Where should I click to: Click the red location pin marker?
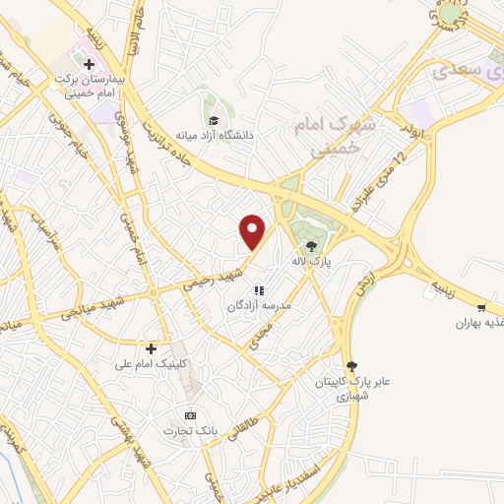pyautogui.click(x=254, y=232)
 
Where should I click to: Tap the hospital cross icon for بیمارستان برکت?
pyautogui.click(x=89, y=64)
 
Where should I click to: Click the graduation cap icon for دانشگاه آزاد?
pyautogui.click(x=214, y=120)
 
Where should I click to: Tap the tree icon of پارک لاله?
pyautogui.click(x=311, y=246)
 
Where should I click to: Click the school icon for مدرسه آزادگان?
pyautogui.click(x=259, y=290)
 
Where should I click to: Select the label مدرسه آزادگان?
pyautogui.click(x=258, y=306)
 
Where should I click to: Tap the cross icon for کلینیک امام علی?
pyautogui.click(x=151, y=347)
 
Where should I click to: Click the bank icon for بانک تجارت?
pyautogui.click(x=190, y=415)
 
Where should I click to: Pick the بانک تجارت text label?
pyautogui.click(x=190, y=431)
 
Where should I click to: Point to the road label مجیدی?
pyautogui.click(x=270, y=340)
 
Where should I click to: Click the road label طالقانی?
pyautogui.click(x=243, y=426)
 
